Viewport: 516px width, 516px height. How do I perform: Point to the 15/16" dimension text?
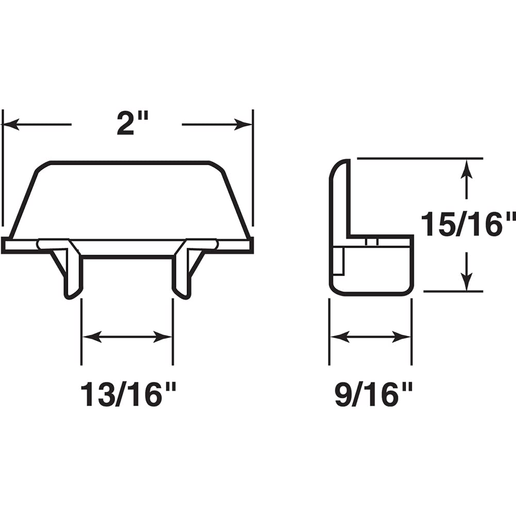click(x=467, y=224)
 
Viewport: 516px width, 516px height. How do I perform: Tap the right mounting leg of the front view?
click(x=182, y=273)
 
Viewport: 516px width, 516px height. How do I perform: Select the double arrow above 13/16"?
click(x=127, y=337)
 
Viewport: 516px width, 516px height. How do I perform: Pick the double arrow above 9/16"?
click(x=370, y=337)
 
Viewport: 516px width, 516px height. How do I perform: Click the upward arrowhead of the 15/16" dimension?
click(x=466, y=168)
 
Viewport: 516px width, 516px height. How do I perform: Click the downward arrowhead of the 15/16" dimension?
click(x=466, y=282)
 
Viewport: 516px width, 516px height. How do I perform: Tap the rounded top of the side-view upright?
click(x=341, y=165)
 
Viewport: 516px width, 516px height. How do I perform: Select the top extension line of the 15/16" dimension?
click(x=418, y=158)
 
